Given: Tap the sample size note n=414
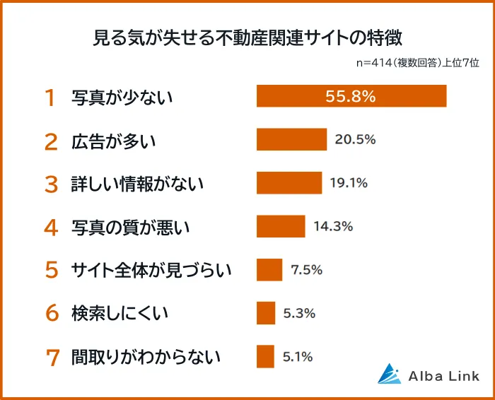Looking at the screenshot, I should click(418, 63).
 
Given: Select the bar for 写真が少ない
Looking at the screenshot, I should click(351, 96).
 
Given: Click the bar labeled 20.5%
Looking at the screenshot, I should click(291, 139).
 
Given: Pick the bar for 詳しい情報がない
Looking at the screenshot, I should click(289, 183).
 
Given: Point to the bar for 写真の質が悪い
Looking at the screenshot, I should click(281, 226).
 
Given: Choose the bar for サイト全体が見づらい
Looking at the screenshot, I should click(269, 269).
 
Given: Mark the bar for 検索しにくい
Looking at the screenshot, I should click(266, 312).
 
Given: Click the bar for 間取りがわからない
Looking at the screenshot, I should click(265, 356).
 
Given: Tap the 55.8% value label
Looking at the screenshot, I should click(350, 96).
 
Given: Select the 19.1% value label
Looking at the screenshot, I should click(349, 183).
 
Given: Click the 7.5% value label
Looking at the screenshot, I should click(306, 269).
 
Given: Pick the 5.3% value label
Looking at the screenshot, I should click(299, 312).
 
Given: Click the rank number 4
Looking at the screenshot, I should click(50, 227).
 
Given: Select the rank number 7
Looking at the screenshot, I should click(51, 357).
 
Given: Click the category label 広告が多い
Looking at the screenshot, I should click(113, 140).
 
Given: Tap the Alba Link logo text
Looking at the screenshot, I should click(443, 376).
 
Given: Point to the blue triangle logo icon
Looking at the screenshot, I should click(390, 374).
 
